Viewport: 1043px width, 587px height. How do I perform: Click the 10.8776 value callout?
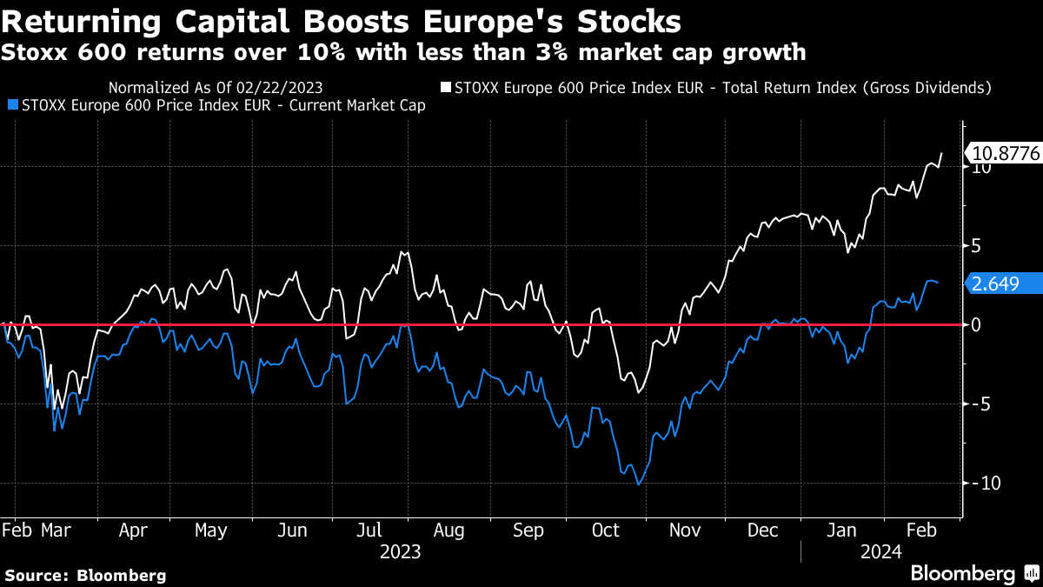(1006, 154)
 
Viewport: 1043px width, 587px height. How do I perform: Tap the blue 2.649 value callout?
(1006, 283)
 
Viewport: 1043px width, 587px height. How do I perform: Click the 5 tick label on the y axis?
(976, 246)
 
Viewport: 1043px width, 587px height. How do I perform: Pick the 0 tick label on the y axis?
(976, 325)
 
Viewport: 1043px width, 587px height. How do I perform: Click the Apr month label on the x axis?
(132, 530)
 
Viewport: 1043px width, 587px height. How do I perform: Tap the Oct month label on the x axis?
(605, 530)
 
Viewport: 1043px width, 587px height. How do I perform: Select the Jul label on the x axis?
(371, 530)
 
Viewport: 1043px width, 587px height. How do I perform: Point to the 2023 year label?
(400, 551)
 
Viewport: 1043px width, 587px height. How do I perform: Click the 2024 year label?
(881, 551)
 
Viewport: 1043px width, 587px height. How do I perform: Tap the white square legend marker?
(446, 88)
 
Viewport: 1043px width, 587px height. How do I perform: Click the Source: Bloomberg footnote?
(85, 575)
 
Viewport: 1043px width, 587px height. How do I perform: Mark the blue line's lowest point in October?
(638, 485)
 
